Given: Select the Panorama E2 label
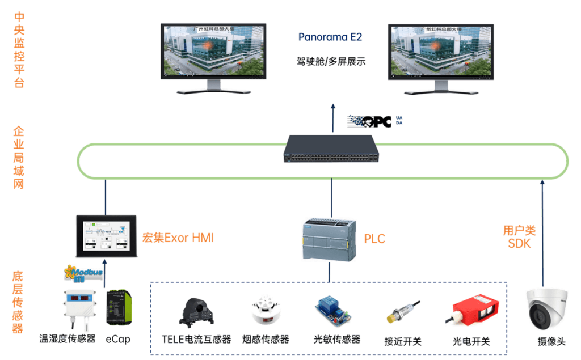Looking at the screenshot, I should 330,37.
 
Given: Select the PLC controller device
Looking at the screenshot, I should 330,240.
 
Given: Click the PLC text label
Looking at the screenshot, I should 374,239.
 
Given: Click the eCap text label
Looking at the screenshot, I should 119,339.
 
